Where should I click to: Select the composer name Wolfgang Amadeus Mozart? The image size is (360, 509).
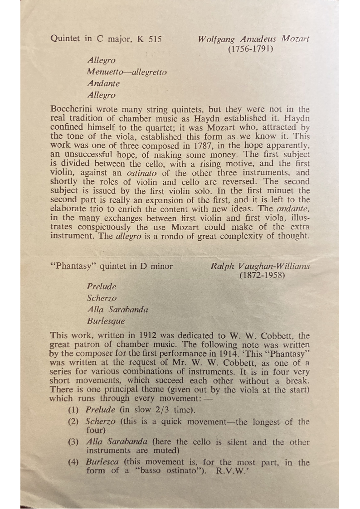click(254, 39)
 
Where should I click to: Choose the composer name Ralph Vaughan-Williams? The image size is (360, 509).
click(260, 266)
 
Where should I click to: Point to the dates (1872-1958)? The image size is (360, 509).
click(262, 275)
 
